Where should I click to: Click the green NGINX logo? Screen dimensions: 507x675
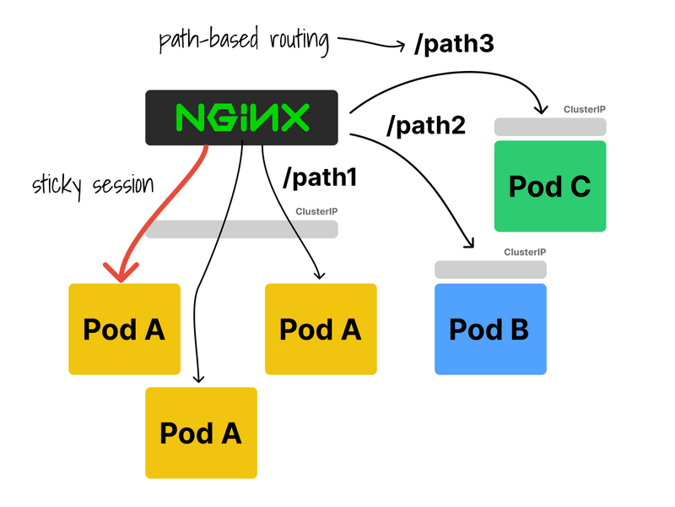click(242, 117)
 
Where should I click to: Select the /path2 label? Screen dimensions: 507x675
click(426, 126)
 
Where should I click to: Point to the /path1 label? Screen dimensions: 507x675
click(321, 178)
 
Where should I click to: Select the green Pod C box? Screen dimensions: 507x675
click(550, 186)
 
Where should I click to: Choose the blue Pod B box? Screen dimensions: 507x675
click(490, 329)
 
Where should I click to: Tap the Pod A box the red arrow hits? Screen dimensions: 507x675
click(124, 329)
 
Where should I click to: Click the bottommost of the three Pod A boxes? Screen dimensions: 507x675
click(201, 433)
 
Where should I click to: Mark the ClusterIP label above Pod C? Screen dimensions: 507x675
click(585, 110)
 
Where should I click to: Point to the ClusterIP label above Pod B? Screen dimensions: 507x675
click(525, 252)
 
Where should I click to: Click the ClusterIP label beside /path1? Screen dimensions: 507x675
click(316, 211)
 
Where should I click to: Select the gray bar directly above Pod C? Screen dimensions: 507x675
click(550, 127)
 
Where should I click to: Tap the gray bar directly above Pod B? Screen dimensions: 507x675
click(490, 269)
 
